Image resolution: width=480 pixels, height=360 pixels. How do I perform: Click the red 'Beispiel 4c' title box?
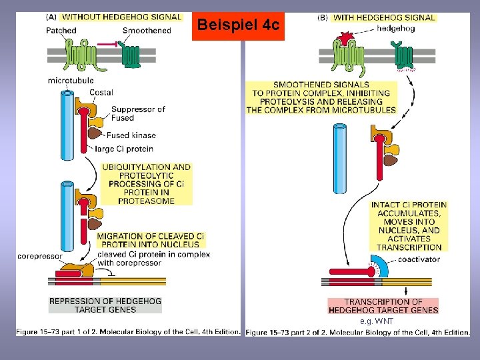point(238,25)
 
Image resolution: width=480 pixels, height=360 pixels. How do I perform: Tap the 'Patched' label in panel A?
point(61,31)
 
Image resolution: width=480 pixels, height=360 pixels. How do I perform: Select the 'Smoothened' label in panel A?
point(147,31)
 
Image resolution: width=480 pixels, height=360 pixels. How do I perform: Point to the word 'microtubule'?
point(71,81)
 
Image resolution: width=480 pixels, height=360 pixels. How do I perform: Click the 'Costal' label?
point(101,93)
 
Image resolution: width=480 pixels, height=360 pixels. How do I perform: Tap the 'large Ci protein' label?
point(125,149)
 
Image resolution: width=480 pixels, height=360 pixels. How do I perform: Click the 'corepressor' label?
point(40,255)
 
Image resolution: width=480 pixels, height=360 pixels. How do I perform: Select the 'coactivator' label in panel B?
point(419,259)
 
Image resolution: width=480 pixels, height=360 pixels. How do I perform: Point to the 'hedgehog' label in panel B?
point(395,29)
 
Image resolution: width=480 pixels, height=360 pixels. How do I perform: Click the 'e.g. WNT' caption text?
point(377,321)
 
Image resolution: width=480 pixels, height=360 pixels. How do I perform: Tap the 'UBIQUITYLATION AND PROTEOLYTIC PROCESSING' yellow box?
point(146,184)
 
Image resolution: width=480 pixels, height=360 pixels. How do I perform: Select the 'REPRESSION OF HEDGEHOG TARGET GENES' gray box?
point(105,305)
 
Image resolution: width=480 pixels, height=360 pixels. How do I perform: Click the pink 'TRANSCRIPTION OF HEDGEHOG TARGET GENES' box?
point(383,306)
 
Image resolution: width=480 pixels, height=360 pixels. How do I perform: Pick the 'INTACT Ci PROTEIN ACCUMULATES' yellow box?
point(409,225)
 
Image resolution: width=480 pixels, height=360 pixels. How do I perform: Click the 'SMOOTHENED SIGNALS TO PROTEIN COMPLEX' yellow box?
point(321,97)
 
